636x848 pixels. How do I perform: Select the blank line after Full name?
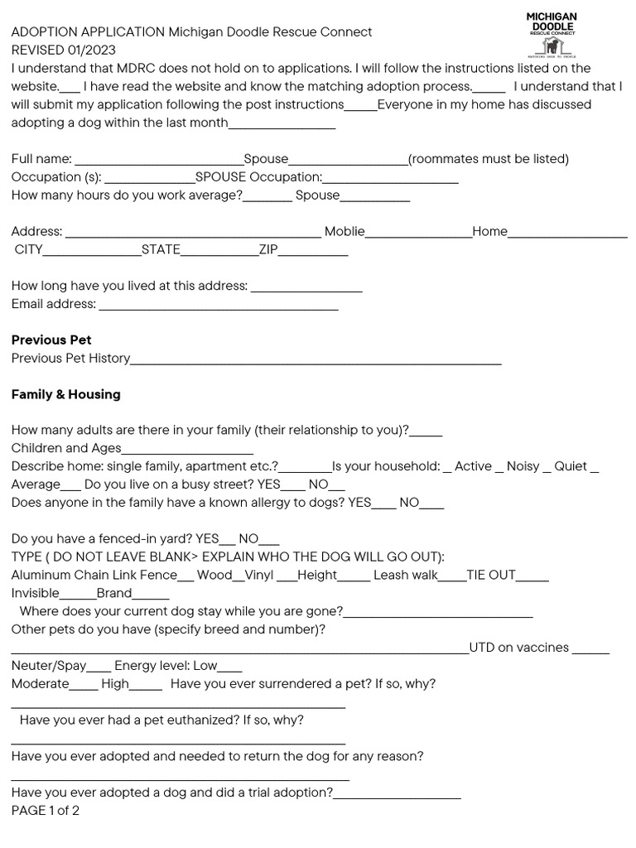point(158,160)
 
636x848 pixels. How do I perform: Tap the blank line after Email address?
point(218,305)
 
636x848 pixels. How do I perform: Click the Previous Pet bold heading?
point(51,340)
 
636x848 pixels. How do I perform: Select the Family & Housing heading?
point(65,394)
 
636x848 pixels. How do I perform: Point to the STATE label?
point(161,249)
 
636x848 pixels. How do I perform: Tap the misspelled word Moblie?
point(344,231)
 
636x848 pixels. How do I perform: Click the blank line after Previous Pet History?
point(316,359)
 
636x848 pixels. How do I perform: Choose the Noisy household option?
point(523,466)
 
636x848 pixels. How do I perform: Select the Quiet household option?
point(571,466)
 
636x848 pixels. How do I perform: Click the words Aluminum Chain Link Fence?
point(94,575)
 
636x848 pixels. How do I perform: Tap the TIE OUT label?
point(491,575)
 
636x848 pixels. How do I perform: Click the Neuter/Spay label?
point(48,666)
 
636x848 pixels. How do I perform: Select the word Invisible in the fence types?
point(36,593)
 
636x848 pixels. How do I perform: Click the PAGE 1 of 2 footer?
point(46,811)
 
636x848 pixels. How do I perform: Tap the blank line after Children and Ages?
point(187,449)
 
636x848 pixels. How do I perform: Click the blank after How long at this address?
point(306,287)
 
